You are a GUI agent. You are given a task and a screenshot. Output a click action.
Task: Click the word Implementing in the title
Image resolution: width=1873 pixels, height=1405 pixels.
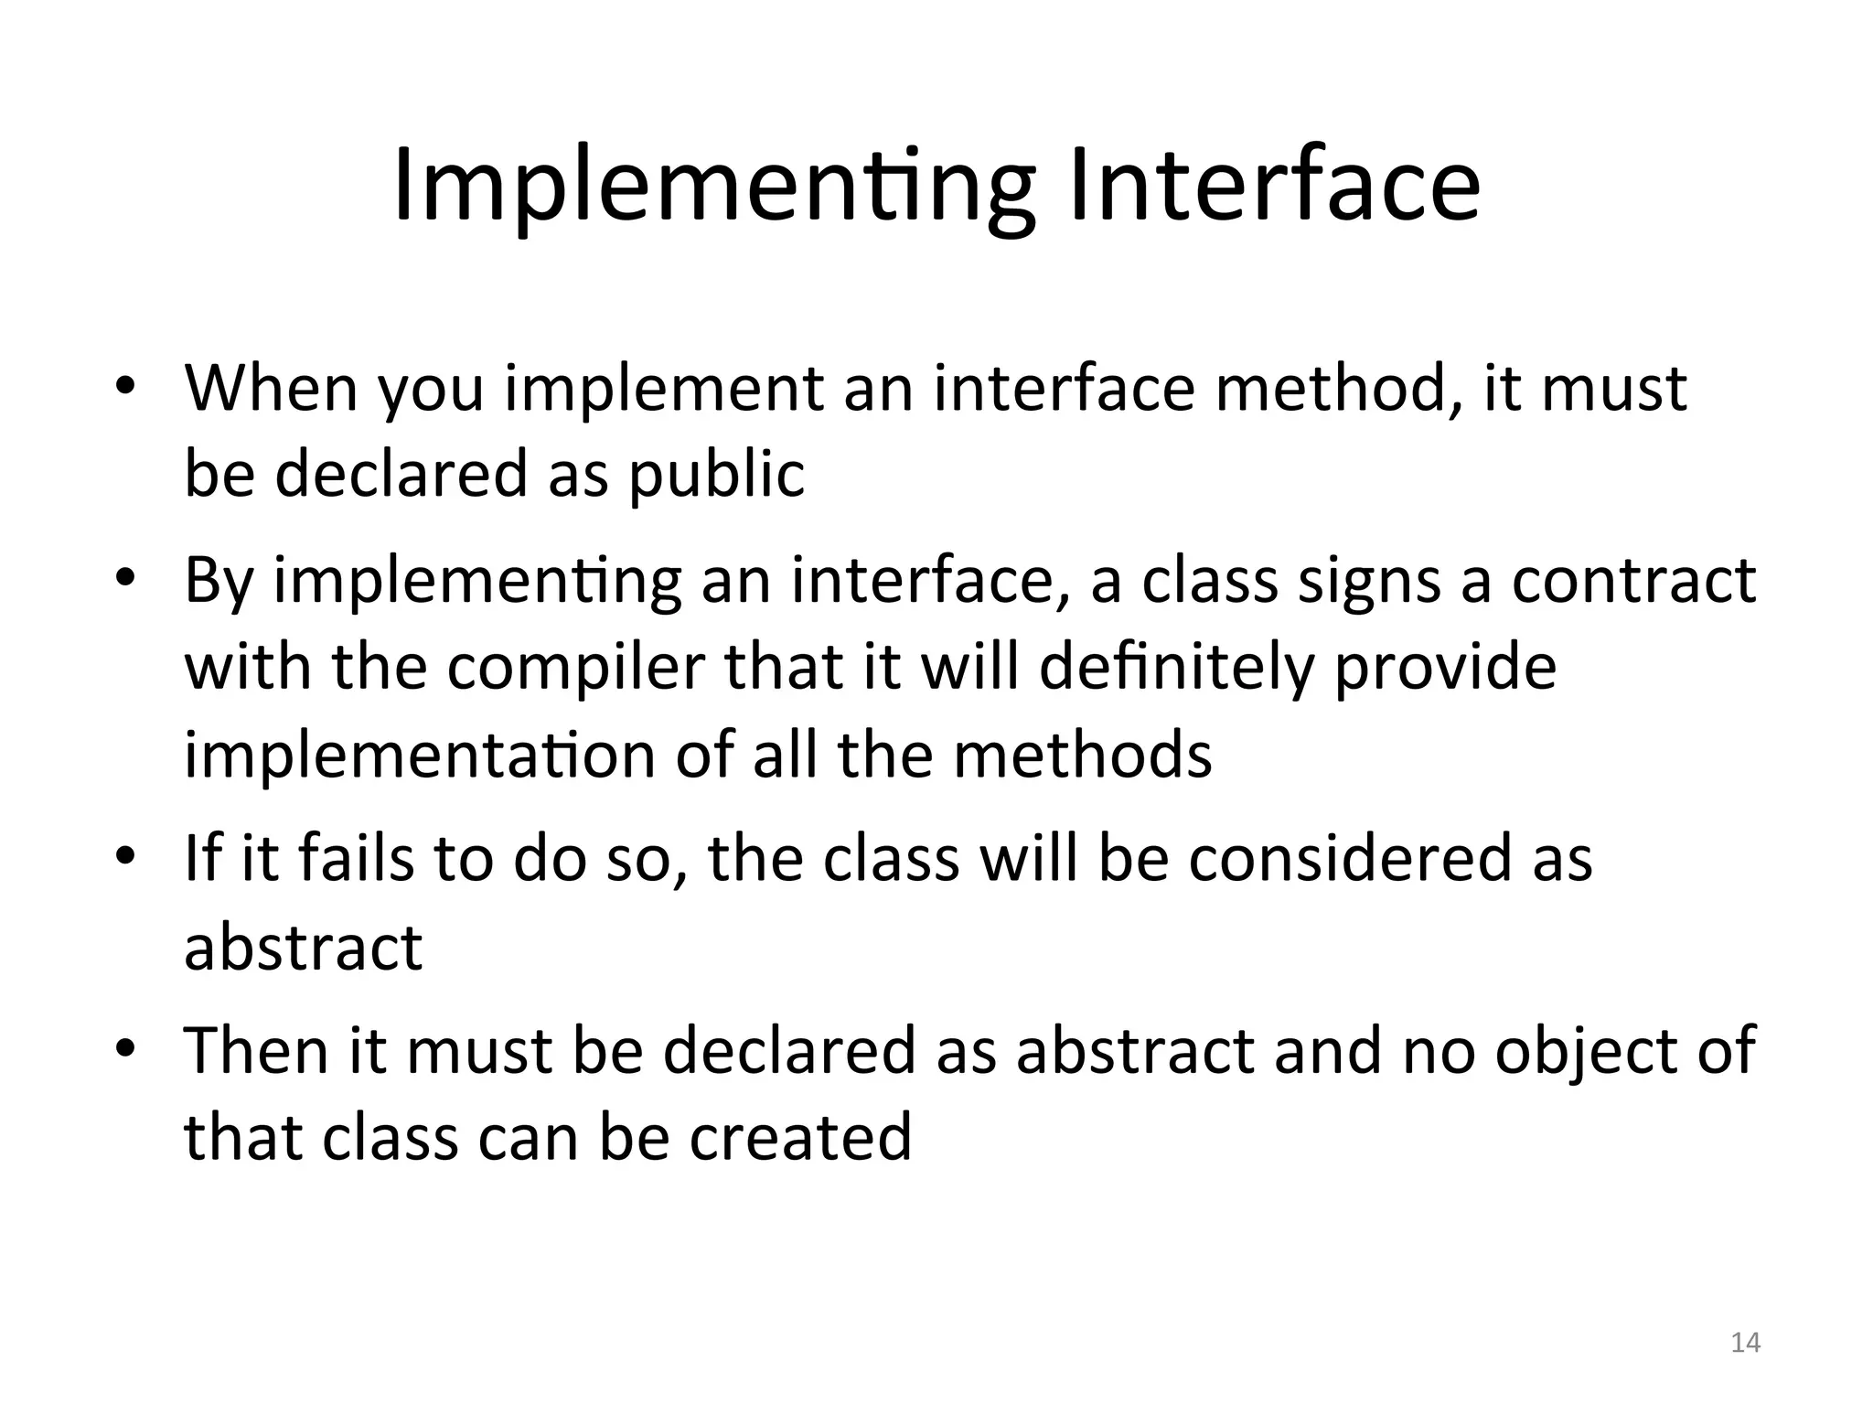(x=713, y=188)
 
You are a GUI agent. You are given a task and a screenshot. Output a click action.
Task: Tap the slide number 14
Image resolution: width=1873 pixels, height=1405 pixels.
(x=1745, y=1342)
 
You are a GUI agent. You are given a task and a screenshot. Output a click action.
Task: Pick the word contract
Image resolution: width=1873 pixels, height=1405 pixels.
(x=1632, y=581)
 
